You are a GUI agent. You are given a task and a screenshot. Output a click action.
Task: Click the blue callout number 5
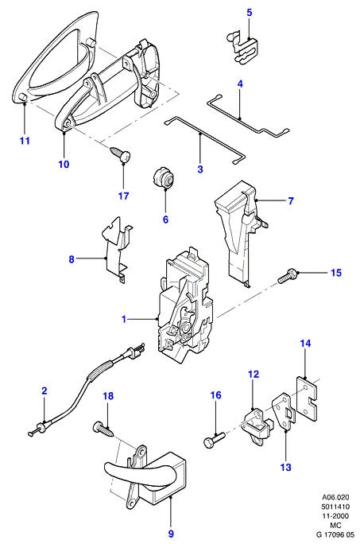tap(250, 13)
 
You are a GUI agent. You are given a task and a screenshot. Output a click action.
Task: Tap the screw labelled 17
tap(120, 153)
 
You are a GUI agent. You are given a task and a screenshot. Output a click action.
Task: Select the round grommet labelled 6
tap(164, 178)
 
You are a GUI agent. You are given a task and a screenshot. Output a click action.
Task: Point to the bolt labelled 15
tap(287, 278)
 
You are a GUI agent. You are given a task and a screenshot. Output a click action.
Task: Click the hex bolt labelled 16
tap(213, 441)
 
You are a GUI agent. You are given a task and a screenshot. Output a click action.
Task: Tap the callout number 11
tap(25, 141)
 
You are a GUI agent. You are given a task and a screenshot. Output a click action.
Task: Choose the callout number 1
tap(124, 319)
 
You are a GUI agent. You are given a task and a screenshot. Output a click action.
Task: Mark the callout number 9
tap(171, 534)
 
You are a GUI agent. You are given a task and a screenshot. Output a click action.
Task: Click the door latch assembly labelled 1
tap(185, 305)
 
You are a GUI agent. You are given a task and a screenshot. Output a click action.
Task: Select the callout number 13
tap(286, 468)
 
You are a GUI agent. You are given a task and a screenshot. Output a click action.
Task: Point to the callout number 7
tap(291, 200)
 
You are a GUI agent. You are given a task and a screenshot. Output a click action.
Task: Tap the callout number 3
tap(200, 169)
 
